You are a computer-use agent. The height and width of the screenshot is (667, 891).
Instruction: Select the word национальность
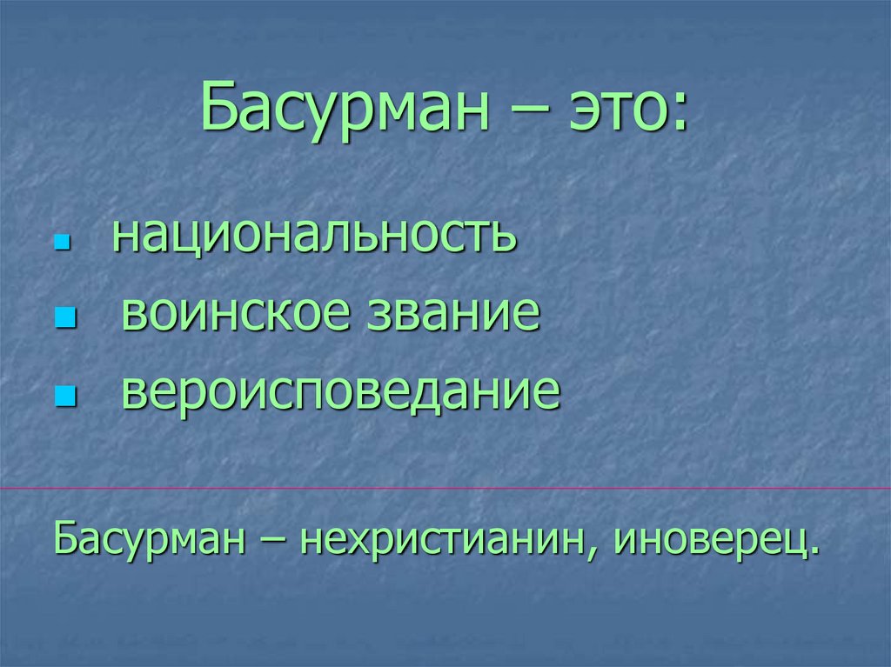click(x=314, y=236)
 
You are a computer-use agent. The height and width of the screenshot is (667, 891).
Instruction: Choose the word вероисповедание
click(x=340, y=392)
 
